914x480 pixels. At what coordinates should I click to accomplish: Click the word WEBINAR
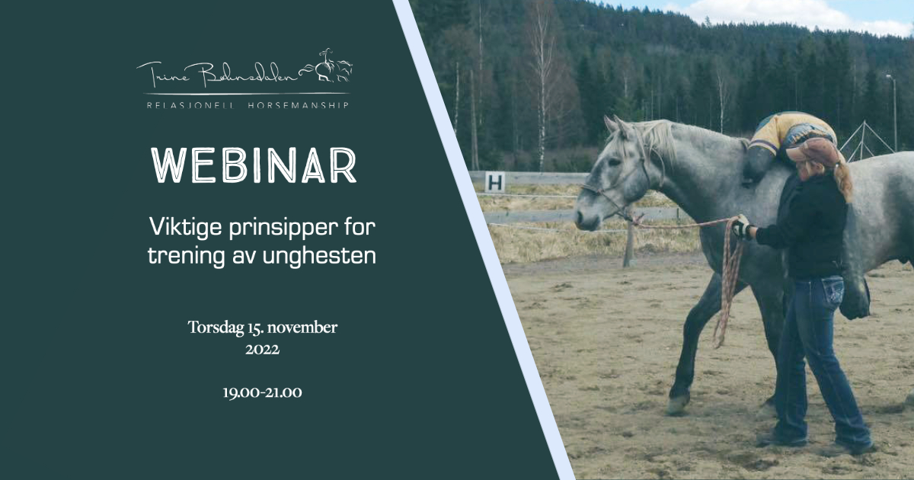tap(254, 165)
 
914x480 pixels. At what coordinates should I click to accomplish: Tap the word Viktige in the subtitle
tap(186, 227)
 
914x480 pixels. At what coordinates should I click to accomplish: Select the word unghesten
tap(319, 256)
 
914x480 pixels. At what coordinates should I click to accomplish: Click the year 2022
tap(262, 350)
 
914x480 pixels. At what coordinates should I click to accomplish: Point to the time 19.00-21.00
tap(262, 392)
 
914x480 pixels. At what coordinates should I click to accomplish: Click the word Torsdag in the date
tap(216, 328)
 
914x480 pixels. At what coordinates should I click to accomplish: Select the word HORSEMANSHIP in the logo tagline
tap(299, 105)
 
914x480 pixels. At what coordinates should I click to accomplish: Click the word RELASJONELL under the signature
tap(191, 105)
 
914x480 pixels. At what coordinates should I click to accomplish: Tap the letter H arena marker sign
tap(495, 182)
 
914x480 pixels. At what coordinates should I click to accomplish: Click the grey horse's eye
tap(613, 162)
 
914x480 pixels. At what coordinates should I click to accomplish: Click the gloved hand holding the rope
tap(743, 227)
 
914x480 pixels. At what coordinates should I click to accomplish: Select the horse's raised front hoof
tap(677, 405)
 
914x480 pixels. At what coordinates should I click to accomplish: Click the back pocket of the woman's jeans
tap(833, 290)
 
